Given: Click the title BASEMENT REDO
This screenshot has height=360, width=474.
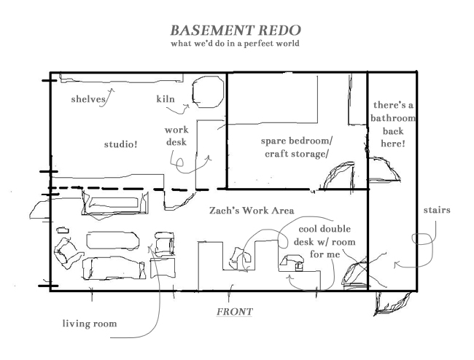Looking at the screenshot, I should pyautogui.click(x=235, y=31).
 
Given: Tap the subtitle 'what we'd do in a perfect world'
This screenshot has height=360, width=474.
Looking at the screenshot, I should pyautogui.click(x=235, y=44).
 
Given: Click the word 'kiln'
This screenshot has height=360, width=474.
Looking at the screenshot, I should pyautogui.click(x=165, y=99).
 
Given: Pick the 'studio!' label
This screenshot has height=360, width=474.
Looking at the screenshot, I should pyautogui.click(x=120, y=144).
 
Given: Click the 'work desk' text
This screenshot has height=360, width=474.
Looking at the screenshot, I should pyautogui.click(x=176, y=136).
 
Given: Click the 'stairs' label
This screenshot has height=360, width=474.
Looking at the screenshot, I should pyautogui.click(x=437, y=211).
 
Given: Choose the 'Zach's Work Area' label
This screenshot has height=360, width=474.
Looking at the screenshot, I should pyautogui.click(x=252, y=211).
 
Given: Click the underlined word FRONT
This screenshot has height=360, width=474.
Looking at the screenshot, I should pyautogui.click(x=235, y=312).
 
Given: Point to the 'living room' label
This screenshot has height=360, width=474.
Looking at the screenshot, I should pyautogui.click(x=89, y=323).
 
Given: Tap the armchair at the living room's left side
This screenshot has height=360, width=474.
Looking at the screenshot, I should pyautogui.click(x=67, y=251).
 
